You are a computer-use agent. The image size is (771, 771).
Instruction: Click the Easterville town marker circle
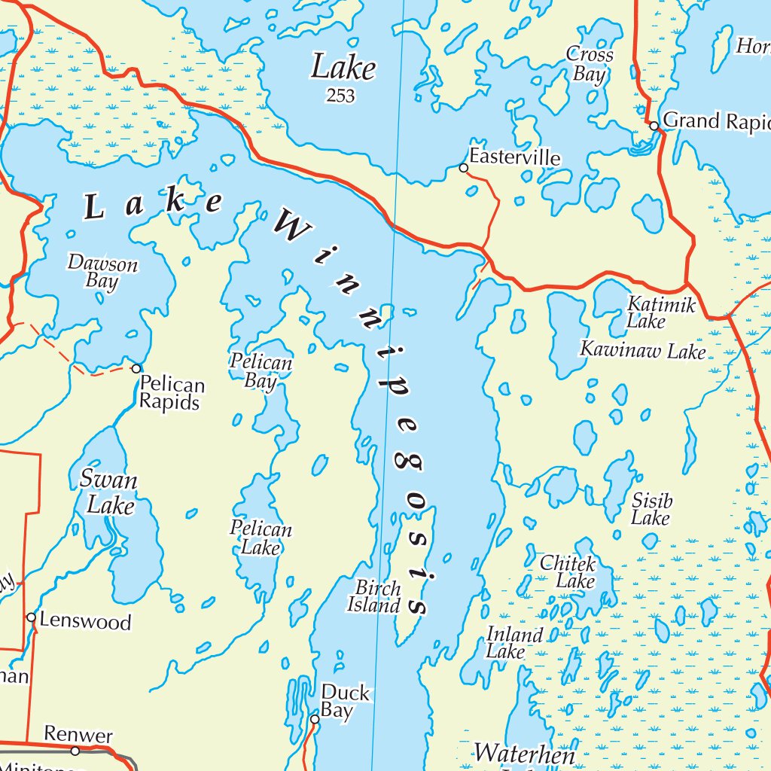[x=464, y=168]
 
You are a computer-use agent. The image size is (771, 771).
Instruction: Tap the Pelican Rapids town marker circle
[x=136, y=368]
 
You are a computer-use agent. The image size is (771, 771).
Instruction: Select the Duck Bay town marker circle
[x=315, y=719]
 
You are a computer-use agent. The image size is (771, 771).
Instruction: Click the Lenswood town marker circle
[x=31, y=617]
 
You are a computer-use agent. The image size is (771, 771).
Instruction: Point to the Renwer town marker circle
[x=75, y=751]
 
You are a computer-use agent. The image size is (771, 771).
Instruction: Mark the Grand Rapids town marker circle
[x=654, y=126]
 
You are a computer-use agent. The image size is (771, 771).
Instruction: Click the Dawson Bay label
[x=103, y=273]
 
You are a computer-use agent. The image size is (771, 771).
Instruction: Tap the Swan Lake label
[x=110, y=492]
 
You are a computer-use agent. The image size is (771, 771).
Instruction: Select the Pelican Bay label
[x=261, y=372]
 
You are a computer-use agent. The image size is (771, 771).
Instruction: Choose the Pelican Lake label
[x=261, y=538]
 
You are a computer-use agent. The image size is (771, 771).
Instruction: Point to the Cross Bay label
[x=590, y=64]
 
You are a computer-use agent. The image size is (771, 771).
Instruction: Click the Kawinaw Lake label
[x=642, y=351]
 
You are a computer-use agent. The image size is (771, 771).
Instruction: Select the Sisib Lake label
[x=651, y=510]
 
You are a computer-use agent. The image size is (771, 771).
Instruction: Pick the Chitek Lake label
[x=568, y=572]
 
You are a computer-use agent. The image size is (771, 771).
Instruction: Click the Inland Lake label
[x=513, y=643]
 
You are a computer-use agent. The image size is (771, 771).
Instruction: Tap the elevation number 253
[x=340, y=96]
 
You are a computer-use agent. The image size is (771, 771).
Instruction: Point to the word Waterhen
[x=524, y=753]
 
